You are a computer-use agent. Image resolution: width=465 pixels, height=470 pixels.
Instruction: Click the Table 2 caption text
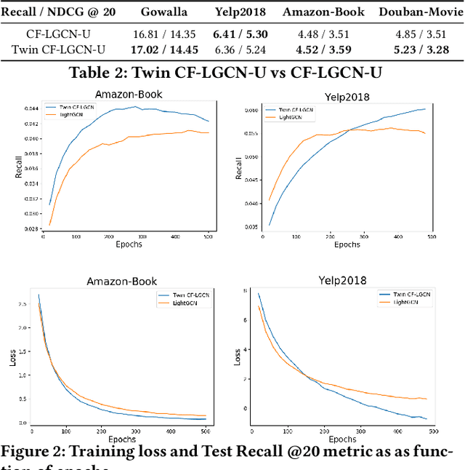pyautogui.click(x=232, y=73)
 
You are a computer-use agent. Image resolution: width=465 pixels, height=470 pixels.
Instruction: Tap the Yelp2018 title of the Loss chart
pyautogui.click(x=342, y=280)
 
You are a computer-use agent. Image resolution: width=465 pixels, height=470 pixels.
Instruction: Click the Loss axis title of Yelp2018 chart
pyautogui.click(x=238, y=357)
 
